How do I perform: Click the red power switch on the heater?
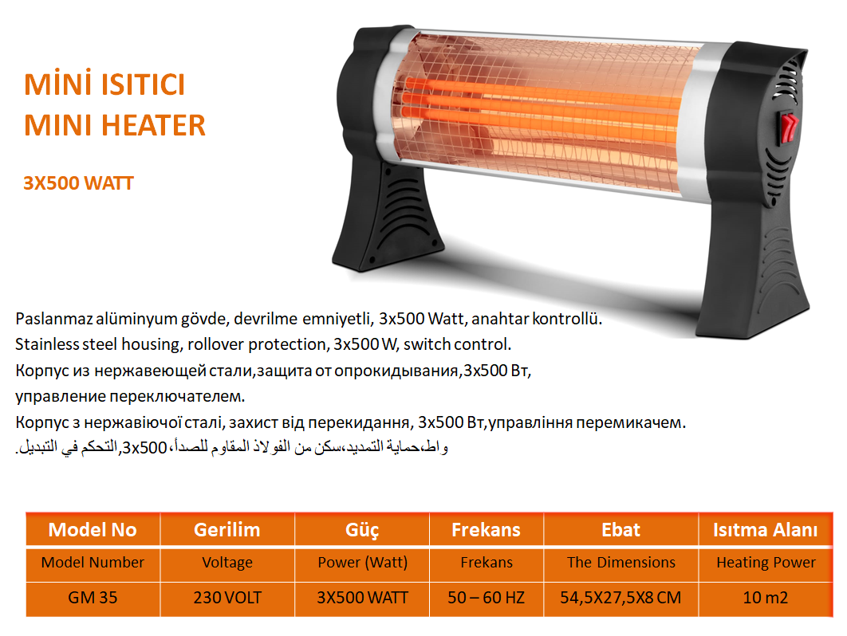tap(788, 128)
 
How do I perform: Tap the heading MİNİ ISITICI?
tap(104, 84)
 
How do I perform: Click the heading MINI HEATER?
tap(115, 125)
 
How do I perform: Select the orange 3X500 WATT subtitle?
tap(78, 183)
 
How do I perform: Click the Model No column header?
tap(93, 530)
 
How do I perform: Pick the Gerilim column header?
tap(227, 530)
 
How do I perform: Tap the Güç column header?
tap(362, 530)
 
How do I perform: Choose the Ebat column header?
tap(620, 530)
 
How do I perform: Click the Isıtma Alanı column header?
tap(766, 530)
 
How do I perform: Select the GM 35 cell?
tap(93, 598)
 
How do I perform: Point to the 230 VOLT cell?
tap(227, 598)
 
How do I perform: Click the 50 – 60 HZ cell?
tap(487, 598)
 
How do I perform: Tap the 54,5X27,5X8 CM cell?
tap(620, 598)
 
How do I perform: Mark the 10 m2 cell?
tap(766, 598)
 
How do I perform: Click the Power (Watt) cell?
tap(362, 563)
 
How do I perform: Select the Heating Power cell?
tap(766, 563)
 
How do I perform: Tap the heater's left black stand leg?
tap(387, 216)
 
